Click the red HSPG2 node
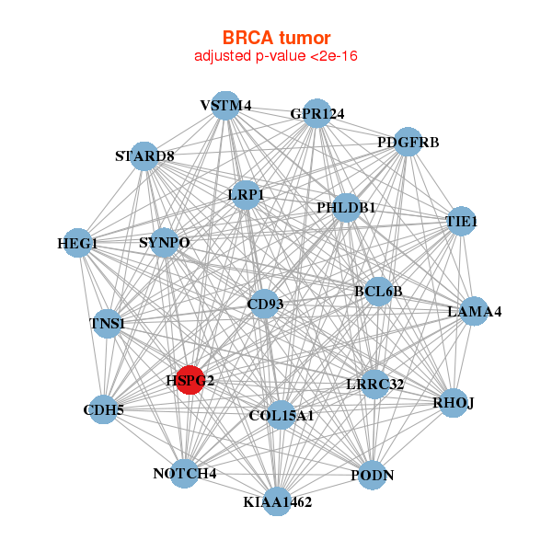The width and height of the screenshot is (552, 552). click(x=190, y=379)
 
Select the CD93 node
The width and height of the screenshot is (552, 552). click(x=265, y=305)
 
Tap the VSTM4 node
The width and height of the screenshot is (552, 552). click(x=225, y=106)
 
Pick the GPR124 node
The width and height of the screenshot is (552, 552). click(x=316, y=113)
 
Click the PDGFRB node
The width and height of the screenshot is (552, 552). click(x=408, y=142)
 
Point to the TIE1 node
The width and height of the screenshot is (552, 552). click(x=461, y=222)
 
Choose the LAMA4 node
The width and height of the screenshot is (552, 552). click(x=474, y=312)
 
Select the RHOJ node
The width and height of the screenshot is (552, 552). click(x=453, y=403)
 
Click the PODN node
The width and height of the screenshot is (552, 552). click(x=372, y=475)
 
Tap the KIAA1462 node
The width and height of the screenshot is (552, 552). click(x=278, y=501)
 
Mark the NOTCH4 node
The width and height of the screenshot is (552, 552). click(x=185, y=474)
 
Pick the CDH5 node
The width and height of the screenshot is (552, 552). click(x=104, y=408)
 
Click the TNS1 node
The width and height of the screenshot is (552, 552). click(x=107, y=323)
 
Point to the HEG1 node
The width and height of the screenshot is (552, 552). click(x=77, y=244)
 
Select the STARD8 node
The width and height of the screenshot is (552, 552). click(x=144, y=155)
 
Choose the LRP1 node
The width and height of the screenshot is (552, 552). click(x=246, y=194)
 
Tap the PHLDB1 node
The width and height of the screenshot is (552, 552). click(x=346, y=208)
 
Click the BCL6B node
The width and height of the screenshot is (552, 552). click(x=378, y=292)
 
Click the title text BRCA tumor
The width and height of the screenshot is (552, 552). click(x=276, y=38)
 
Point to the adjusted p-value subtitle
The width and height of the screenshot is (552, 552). click(x=276, y=56)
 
